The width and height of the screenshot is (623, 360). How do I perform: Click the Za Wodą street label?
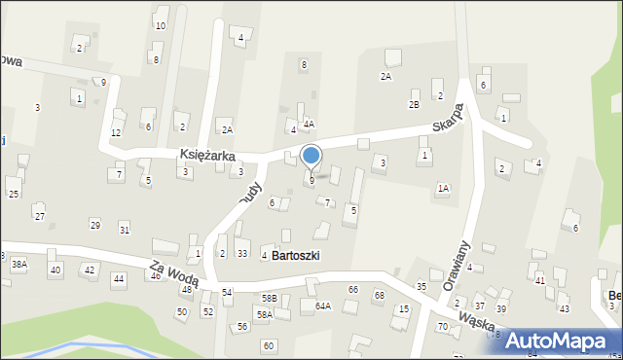click(x=175, y=273)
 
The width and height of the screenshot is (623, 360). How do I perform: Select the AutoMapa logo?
click(x=559, y=341)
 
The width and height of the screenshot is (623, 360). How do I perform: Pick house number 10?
click(x=160, y=26)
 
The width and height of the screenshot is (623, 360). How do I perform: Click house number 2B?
click(x=414, y=104)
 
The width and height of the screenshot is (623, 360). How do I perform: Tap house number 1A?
click(x=443, y=188)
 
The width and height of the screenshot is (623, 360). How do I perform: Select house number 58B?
click(x=269, y=297)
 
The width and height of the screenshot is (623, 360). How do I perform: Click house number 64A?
click(x=322, y=306)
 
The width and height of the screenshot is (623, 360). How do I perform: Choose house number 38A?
click(x=18, y=264)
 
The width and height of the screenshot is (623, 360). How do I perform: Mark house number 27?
click(x=39, y=215)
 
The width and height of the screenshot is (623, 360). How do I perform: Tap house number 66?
click(x=353, y=290)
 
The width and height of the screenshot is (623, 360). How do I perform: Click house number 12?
click(x=116, y=132)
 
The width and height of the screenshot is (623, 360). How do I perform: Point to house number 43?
click(x=564, y=308)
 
